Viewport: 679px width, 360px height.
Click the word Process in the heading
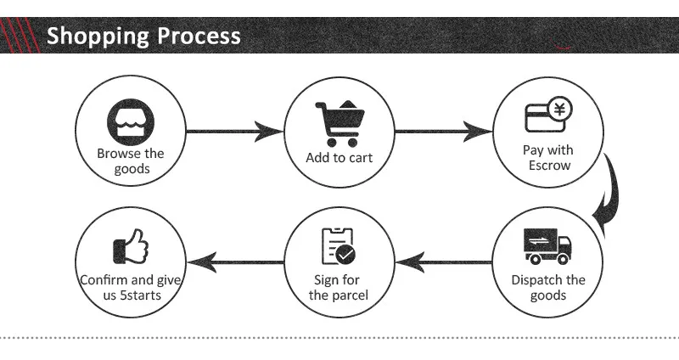[x=199, y=36]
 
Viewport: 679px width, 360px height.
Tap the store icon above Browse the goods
[x=131, y=122]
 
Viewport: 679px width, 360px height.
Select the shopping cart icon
[x=340, y=124]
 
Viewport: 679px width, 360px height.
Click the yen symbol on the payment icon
[x=560, y=109]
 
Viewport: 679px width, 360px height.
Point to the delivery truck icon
[x=547, y=246]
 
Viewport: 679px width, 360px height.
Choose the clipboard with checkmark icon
[x=338, y=246]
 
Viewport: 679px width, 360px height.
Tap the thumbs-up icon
[x=131, y=246]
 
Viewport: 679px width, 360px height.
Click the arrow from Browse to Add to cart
[x=235, y=132]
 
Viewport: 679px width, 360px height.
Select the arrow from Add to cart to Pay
[x=444, y=132]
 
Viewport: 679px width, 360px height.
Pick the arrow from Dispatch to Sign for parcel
[x=444, y=262]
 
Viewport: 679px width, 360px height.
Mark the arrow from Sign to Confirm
[x=235, y=262]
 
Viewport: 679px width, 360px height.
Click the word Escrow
[x=549, y=166]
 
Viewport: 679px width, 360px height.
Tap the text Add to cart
[x=339, y=158]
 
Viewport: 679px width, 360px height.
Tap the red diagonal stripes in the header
[x=20, y=35]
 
